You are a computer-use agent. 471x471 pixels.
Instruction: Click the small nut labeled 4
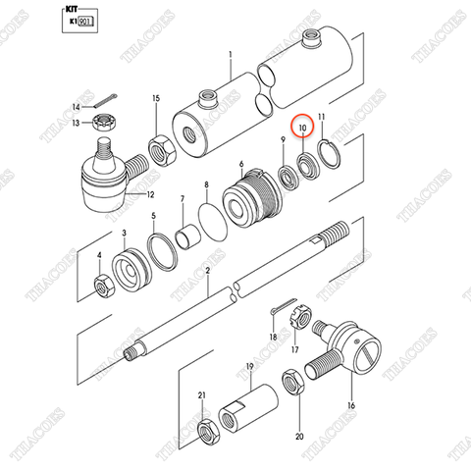click(102, 286)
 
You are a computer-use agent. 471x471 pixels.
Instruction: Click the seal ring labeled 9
click(288, 177)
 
